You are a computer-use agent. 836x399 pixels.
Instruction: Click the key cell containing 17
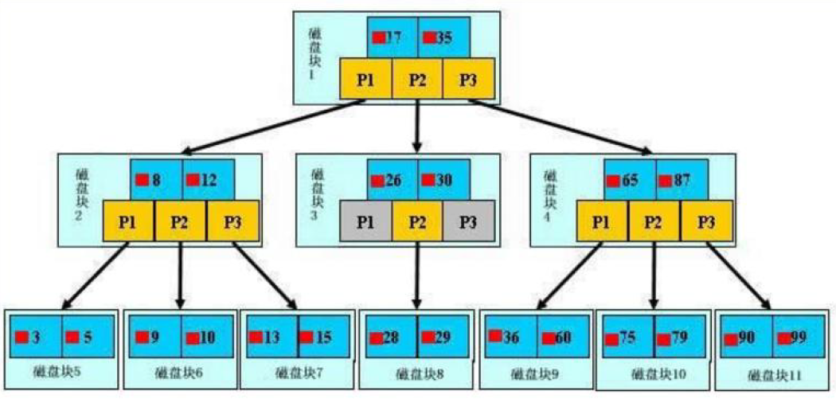point(393,37)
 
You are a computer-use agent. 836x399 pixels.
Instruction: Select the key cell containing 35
point(443,37)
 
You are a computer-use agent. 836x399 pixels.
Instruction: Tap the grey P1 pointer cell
point(365,221)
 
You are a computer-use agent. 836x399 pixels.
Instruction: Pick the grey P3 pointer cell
point(469,221)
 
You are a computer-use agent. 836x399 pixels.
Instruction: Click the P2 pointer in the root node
point(417,80)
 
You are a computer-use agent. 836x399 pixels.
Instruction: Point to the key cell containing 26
point(393,180)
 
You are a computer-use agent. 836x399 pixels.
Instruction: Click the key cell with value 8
point(156,180)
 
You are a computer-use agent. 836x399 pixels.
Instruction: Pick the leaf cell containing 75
point(627,338)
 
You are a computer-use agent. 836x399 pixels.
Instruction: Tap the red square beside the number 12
point(193,180)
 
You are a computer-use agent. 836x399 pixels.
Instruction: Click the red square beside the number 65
point(614,181)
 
